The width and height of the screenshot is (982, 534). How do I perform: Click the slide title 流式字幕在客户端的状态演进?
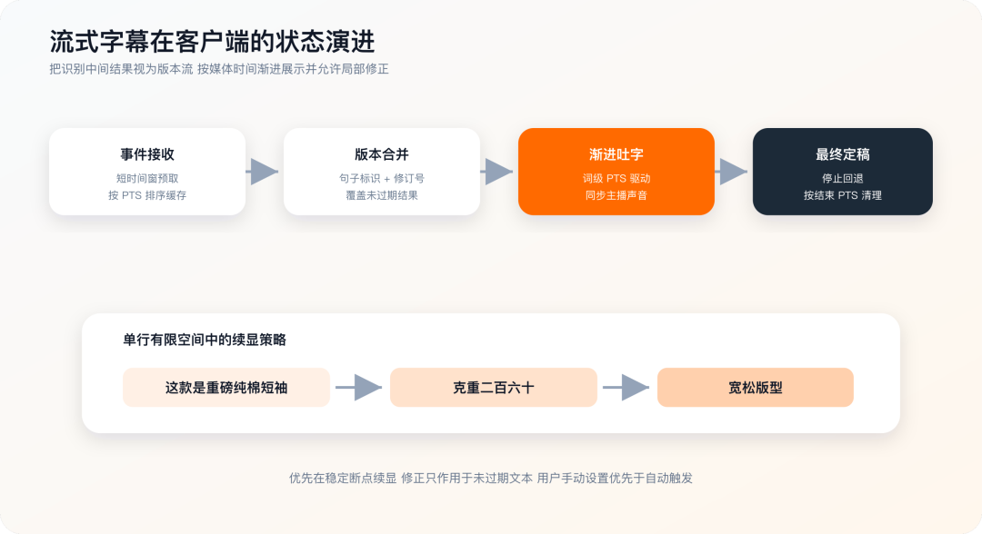(x=212, y=42)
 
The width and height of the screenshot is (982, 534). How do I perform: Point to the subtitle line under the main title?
(x=219, y=69)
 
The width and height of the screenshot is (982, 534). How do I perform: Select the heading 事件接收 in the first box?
(x=147, y=154)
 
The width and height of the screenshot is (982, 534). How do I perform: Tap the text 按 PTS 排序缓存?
(x=147, y=195)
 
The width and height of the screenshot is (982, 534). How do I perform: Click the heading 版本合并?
(x=381, y=154)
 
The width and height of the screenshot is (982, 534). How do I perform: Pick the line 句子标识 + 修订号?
(x=381, y=178)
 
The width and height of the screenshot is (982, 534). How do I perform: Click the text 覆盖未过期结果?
(x=381, y=195)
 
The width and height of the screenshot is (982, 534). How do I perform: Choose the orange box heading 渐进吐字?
(x=616, y=154)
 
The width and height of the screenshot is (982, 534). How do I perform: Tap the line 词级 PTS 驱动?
(x=616, y=178)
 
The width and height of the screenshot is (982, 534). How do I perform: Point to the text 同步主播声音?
(x=616, y=195)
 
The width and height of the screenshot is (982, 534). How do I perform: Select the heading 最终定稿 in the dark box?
(x=842, y=154)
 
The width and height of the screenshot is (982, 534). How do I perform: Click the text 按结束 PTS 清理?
(x=842, y=195)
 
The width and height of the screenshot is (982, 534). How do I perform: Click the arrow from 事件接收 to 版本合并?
(x=263, y=172)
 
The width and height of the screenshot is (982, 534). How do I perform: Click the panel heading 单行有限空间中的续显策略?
(x=205, y=340)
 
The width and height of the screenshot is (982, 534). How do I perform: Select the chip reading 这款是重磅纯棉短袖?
(x=226, y=388)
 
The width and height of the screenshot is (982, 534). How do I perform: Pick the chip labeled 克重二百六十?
(x=494, y=388)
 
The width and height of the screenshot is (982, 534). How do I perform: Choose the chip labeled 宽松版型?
(x=756, y=388)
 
